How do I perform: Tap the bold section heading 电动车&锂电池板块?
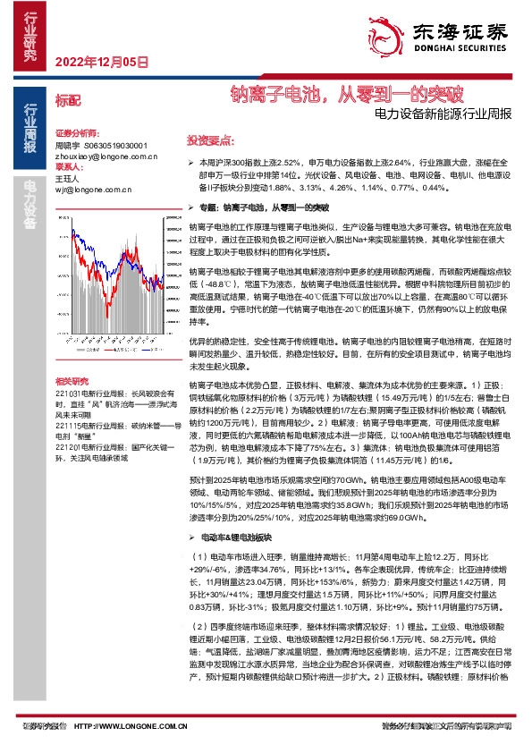(x=232, y=537)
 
